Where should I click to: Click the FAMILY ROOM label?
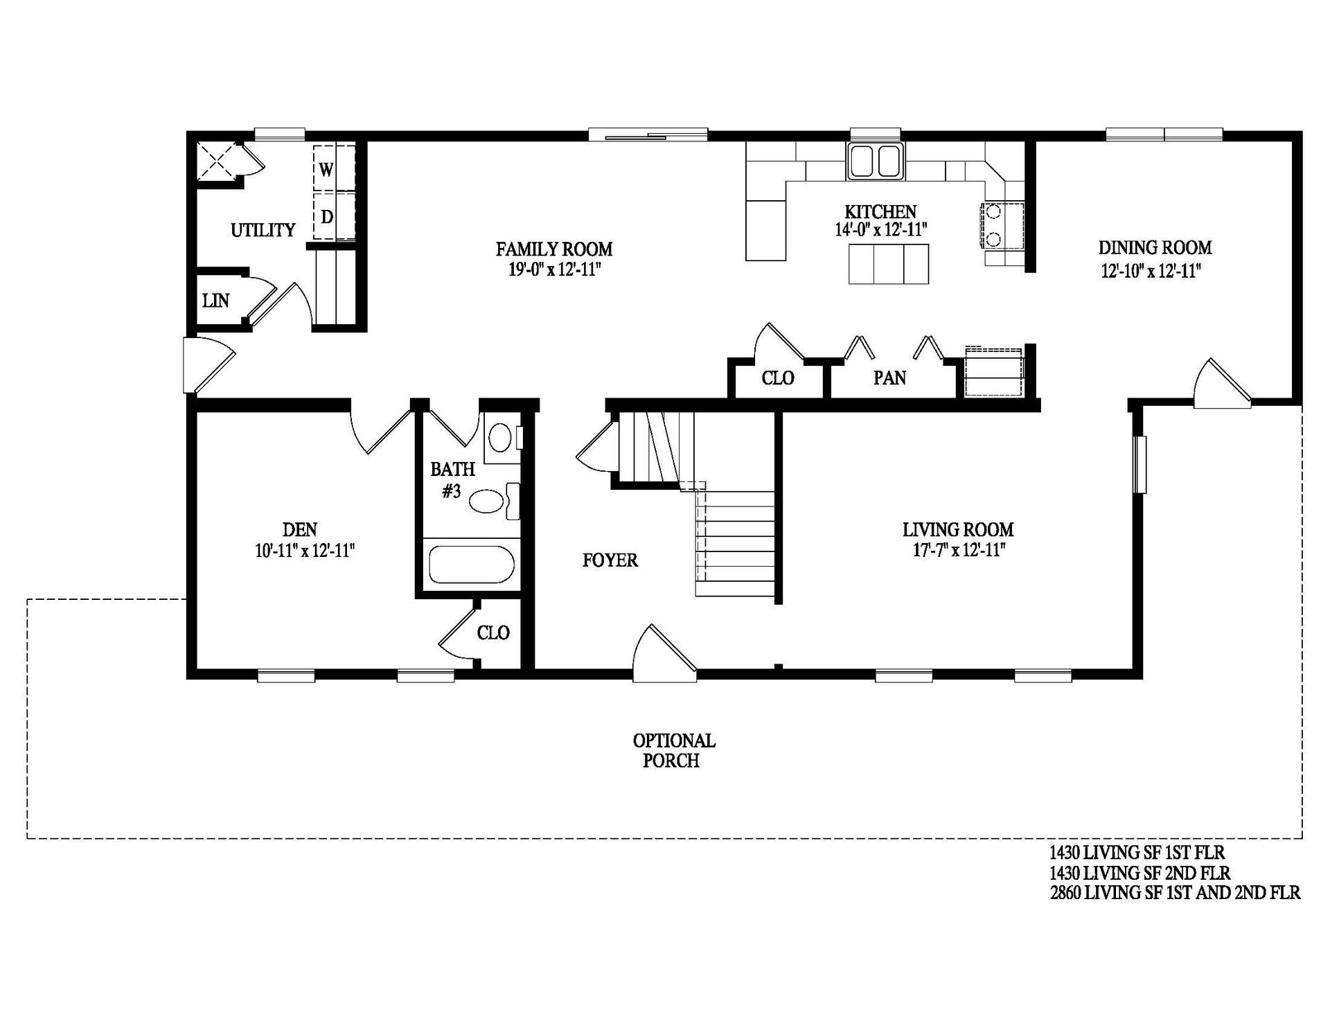click(553, 249)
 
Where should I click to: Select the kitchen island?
click(889, 264)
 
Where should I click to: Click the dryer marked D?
click(327, 217)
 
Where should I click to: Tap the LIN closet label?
click(215, 301)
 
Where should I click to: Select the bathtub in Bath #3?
click(471, 565)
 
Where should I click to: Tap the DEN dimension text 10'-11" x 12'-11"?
click(305, 551)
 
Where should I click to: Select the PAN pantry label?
click(889, 378)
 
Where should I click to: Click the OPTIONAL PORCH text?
click(673, 750)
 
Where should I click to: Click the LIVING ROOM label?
click(957, 530)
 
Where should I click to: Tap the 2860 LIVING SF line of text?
click(1175, 893)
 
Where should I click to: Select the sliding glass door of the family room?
click(648, 134)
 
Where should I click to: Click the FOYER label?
click(610, 560)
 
